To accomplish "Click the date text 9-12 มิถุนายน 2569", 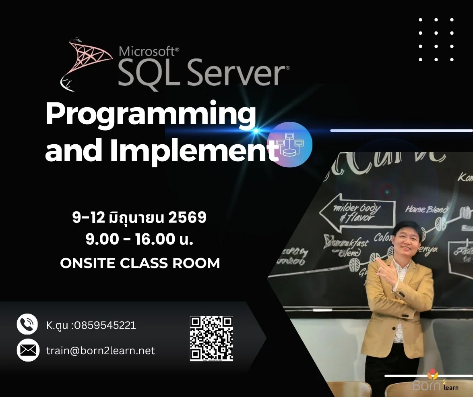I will pos(139,218).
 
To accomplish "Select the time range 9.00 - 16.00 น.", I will pos(139,240).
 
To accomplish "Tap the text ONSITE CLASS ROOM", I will pos(140,263).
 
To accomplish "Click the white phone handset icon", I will pos(27,324).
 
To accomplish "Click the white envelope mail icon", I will pos(27,350).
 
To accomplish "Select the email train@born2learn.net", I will pos(100,351).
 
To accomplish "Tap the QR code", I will pos(211,338).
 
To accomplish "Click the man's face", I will pos(407,241).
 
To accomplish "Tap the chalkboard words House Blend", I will pos(426,209).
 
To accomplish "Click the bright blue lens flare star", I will pos(255,131).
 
